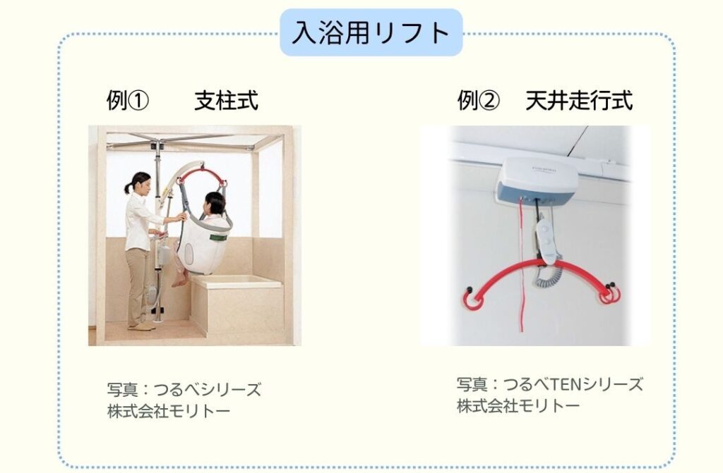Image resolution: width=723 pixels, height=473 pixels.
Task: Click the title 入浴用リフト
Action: click(371, 32)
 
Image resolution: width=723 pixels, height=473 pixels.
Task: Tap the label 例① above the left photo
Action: click(128, 102)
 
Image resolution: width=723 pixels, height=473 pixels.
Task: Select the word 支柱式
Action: click(226, 102)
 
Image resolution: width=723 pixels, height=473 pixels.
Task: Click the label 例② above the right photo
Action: click(478, 102)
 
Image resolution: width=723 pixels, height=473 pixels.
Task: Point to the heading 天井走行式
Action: click(579, 102)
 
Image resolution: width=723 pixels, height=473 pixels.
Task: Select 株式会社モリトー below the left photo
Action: click(169, 411)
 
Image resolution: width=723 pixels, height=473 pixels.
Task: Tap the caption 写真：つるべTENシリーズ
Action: click(549, 385)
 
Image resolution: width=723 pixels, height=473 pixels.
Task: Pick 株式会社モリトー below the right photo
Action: click(518, 406)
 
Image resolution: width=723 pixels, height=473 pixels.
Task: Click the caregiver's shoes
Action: click(142, 326)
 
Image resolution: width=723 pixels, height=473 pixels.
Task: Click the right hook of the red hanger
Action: click(608, 291)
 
